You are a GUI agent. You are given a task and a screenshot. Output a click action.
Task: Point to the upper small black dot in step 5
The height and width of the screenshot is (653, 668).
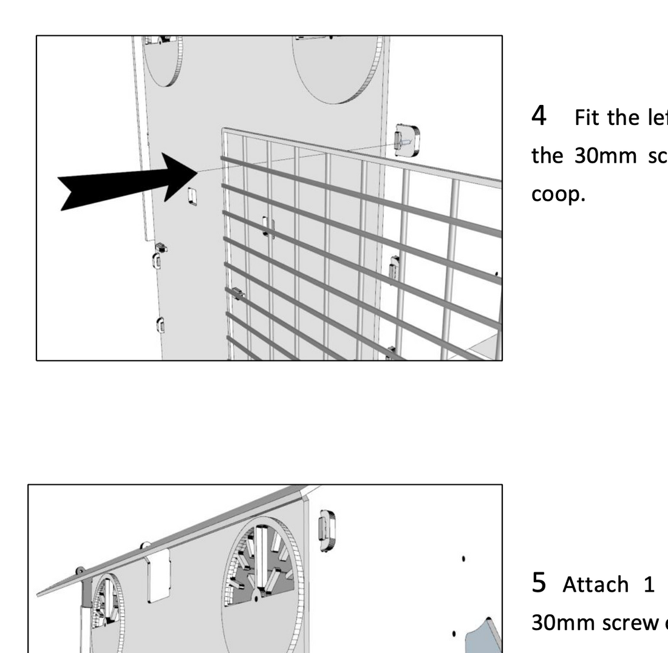[x=464, y=558]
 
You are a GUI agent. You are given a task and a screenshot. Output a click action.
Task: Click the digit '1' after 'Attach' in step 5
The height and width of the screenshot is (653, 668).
[x=649, y=584]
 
